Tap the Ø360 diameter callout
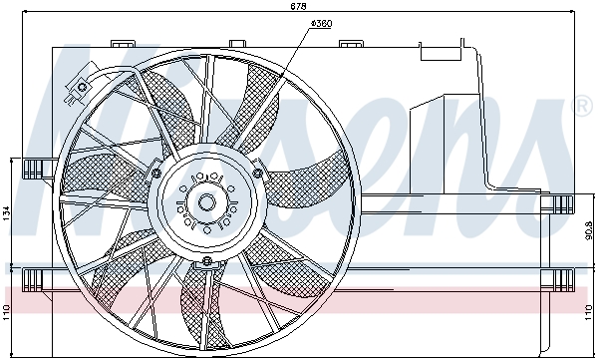(321, 22)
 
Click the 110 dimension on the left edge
(8, 310)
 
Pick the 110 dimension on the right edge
(589, 310)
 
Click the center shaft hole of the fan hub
(206, 202)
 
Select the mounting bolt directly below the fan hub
(206, 262)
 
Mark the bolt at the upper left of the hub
(156, 174)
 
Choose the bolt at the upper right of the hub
(258, 174)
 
